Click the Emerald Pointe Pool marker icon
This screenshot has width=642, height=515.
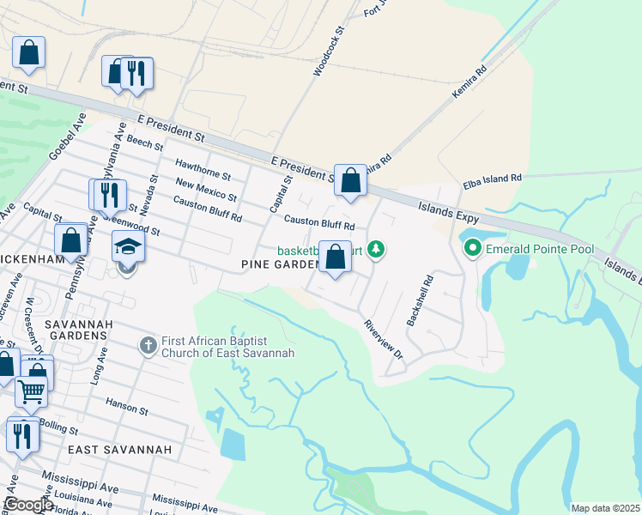tap(472, 249)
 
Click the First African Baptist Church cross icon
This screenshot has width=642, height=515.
tap(148, 346)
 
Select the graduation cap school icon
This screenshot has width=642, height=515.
tap(129, 246)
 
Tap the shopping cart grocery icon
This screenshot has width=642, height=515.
tap(32, 391)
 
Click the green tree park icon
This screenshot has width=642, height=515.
tap(375, 250)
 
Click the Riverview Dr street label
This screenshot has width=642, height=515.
tap(382, 338)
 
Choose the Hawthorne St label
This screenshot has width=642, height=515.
tap(203, 168)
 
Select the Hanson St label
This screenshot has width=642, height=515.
tap(128, 402)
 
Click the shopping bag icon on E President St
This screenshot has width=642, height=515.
tap(349, 181)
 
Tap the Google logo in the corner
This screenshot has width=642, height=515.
tap(27, 505)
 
